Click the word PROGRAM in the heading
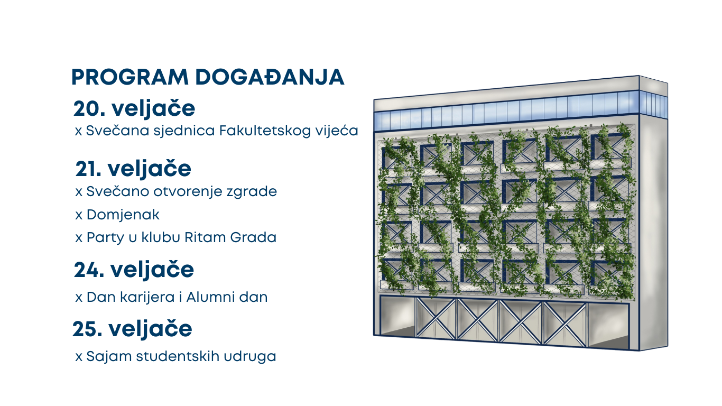tap(130, 77)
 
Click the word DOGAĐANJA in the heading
tap(270, 77)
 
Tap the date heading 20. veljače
tap(134, 109)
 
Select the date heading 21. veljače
tap(133, 169)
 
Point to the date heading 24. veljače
tap(134, 270)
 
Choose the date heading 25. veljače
tap(132, 329)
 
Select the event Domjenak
tap(123, 215)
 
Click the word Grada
tap(253, 237)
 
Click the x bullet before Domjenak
tap(79, 215)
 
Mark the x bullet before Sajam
tap(79, 357)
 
